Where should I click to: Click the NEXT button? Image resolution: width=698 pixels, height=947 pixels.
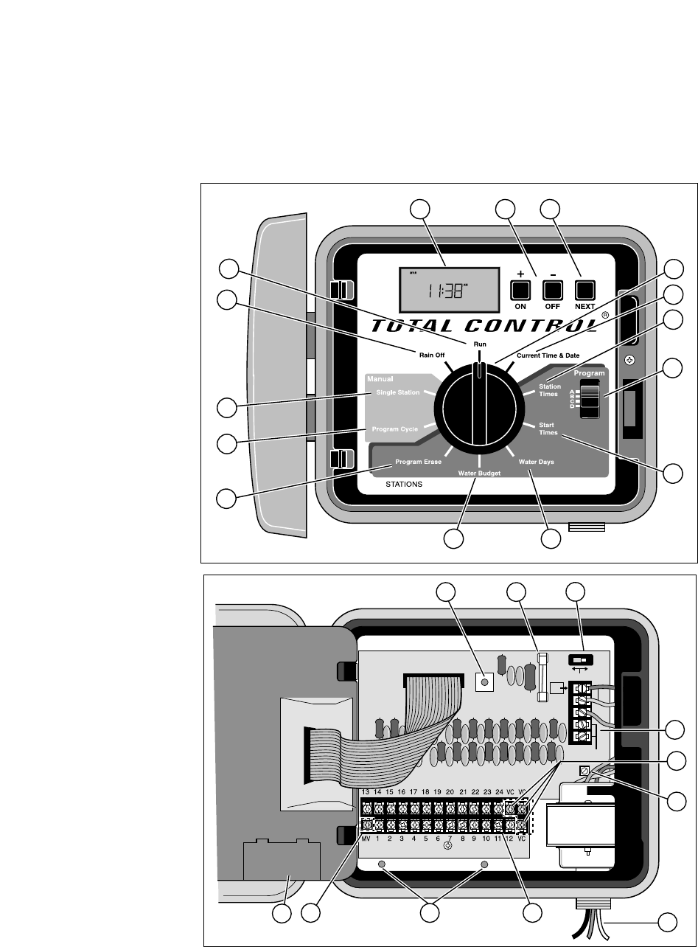pos(584,288)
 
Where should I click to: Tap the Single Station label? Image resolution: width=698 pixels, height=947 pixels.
pos(397,392)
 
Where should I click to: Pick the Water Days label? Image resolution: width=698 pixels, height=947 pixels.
pos(536,462)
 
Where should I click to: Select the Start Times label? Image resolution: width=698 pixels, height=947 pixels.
pos(547,429)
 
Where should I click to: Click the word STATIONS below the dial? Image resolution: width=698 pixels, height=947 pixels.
pos(405,485)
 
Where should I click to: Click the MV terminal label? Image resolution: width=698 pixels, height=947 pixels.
pos(366,839)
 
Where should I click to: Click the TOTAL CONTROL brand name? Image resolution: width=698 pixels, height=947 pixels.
pos(482,325)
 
